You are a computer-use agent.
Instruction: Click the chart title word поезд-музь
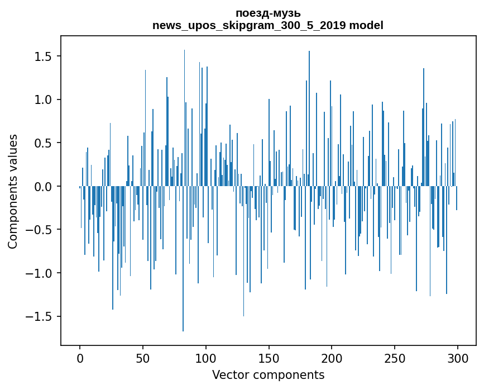[x=268, y=13]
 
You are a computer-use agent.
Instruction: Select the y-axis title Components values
[x=13, y=191]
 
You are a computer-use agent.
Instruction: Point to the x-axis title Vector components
[x=268, y=374]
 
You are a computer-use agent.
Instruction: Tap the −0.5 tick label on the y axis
[x=38, y=230]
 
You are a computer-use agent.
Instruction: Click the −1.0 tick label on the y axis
[x=38, y=273]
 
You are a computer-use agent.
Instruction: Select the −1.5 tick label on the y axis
[x=38, y=316]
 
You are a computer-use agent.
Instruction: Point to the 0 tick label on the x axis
[x=80, y=357]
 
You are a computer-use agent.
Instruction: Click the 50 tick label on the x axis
[x=143, y=357]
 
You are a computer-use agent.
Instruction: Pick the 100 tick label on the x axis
[x=206, y=357]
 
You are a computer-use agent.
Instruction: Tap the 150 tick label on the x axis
[x=269, y=357]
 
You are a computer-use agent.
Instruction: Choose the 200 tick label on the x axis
[x=332, y=357]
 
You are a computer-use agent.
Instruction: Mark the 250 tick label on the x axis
[x=395, y=357]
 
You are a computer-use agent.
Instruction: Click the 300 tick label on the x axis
[x=458, y=357]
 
